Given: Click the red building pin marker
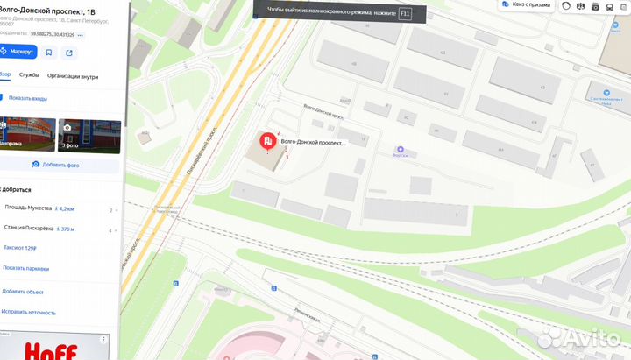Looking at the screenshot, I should pyautogui.click(x=267, y=141).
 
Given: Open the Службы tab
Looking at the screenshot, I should pyautogui.click(x=29, y=76).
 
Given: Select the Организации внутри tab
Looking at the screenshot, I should pyautogui.click(x=73, y=76).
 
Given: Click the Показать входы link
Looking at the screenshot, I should pyautogui.click(x=28, y=98).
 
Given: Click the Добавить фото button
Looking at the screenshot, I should pyautogui.click(x=55, y=164).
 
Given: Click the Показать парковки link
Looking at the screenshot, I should pyautogui.click(x=25, y=268).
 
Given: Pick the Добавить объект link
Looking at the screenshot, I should pyautogui.click(x=24, y=291).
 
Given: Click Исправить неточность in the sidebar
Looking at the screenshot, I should pyautogui.click(x=29, y=312).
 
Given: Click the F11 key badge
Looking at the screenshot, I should pyautogui.click(x=405, y=14).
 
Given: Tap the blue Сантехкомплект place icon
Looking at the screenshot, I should pyautogui.click(x=606, y=91).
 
